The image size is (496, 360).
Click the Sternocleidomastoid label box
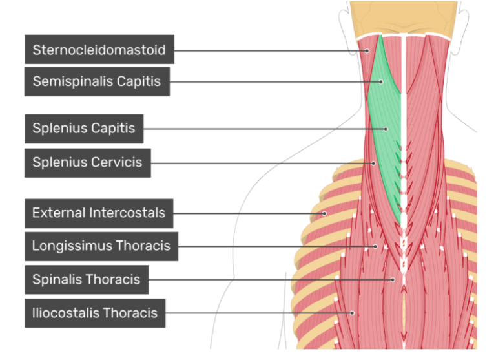click(99, 50)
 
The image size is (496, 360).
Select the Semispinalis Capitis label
click(97, 82)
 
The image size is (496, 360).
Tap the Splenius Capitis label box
click(84, 129)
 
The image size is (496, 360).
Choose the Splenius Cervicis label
click(87, 163)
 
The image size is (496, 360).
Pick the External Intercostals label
click(99, 213)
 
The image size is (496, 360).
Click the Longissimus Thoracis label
click(101, 246)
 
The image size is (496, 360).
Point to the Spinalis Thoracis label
click(86, 280)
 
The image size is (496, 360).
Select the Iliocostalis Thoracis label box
click(95, 313)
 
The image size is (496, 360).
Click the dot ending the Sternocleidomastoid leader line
click(366, 50)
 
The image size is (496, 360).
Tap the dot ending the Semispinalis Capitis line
click(381, 82)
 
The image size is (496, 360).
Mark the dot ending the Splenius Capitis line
click(386, 129)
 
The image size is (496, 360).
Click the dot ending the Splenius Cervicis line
click(373, 163)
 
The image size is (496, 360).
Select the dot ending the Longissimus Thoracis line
click(376, 246)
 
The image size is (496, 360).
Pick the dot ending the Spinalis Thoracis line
click(393, 280)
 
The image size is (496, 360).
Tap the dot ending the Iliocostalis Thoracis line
click(353, 313)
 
